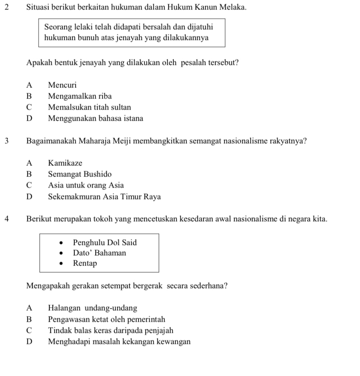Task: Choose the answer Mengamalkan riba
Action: tap(80, 96)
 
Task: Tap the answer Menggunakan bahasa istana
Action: tap(95, 118)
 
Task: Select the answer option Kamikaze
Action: tap(65, 163)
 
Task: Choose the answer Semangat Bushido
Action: tap(80, 174)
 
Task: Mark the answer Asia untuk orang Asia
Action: tap(86, 185)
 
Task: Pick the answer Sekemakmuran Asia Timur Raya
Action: tap(104, 197)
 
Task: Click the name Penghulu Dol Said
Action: tap(105, 242)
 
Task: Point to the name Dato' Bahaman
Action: tap(99, 253)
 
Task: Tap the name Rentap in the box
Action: tap(85, 264)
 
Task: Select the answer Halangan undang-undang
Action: tap(92, 308)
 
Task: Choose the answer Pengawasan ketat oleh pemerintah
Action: tap(107, 319)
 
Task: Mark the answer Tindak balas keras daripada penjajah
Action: tap(110, 330)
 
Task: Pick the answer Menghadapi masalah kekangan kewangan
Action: tap(119, 342)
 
